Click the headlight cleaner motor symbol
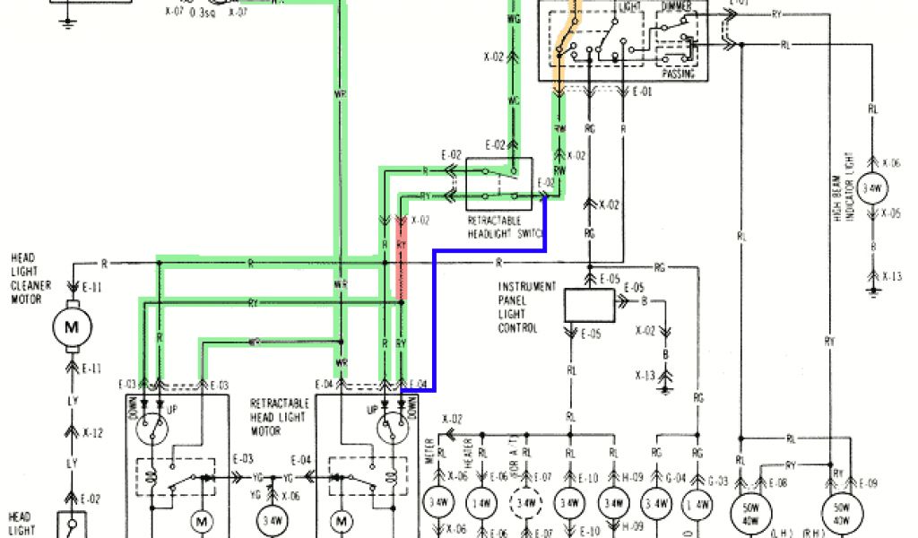click(67, 327)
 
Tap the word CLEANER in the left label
click(30, 285)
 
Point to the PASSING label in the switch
click(677, 74)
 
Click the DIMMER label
click(677, 7)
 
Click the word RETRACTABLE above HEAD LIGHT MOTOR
click(281, 403)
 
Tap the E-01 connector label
click(642, 91)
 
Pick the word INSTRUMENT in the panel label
click(527, 286)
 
